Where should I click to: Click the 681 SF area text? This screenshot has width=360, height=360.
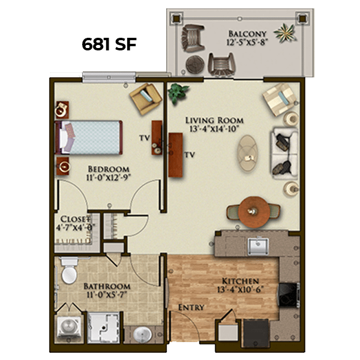[x=109, y=44]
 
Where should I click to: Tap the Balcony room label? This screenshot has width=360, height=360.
[x=247, y=34]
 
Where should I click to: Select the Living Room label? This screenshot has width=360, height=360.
[x=214, y=121]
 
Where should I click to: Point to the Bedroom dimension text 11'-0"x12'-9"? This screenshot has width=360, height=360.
[x=109, y=178]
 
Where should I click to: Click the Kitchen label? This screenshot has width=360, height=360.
[x=241, y=281]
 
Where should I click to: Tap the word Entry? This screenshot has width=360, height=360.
[x=191, y=307]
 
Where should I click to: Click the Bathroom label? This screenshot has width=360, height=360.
[x=107, y=286]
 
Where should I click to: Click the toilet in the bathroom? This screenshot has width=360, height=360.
[x=69, y=271]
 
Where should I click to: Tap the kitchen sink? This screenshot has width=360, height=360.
[x=258, y=247]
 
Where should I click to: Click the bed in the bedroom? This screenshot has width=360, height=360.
[x=89, y=137]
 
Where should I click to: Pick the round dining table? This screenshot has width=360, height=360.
[x=253, y=212]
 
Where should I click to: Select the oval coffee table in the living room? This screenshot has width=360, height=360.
[x=247, y=153]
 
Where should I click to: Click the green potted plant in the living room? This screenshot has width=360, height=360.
[x=178, y=92]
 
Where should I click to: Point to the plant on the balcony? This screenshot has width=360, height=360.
[x=284, y=33]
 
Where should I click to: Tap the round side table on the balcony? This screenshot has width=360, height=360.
[x=195, y=65]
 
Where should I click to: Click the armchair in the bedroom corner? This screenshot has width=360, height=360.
[x=146, y=98]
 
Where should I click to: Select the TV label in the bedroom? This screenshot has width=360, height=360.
[x=145, y=138]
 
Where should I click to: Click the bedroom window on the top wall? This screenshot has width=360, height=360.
[x=109, y=77]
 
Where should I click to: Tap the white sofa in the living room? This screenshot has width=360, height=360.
[x=284, y=154]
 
